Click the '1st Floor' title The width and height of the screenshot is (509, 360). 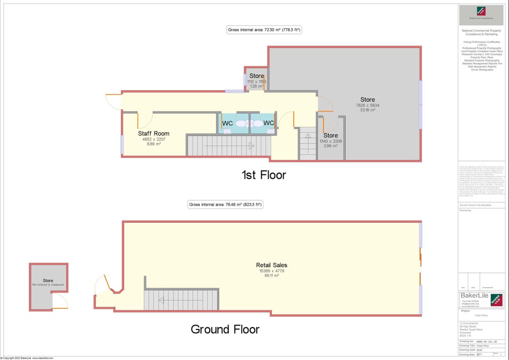(x=263, y=175)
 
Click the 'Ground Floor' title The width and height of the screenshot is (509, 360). (x=225, y=329)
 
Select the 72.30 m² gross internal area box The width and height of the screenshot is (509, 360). (x=264, y=30)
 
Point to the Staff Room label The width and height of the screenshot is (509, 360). (x=154, y=133)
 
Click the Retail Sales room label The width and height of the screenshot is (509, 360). (x=271, y=265)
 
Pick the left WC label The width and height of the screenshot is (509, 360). (x=227, y=123)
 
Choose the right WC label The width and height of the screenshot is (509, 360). (x=268, y=123)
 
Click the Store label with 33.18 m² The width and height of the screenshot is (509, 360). (x=368, y=100)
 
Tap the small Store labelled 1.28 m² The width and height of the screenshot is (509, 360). (x=256, y=76)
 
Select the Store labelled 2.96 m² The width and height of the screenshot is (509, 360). (x=331, y=135)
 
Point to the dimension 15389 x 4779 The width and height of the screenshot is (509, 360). (x=271, y=271)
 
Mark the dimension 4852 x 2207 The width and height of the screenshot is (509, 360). (x=154, y=139)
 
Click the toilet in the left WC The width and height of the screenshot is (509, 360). (x=241, y=123)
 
